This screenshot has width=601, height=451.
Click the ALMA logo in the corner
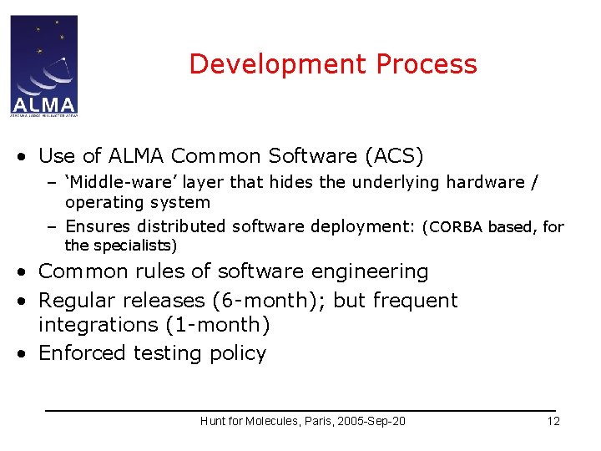(x=43, y=65)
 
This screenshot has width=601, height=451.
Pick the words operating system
(x=137, y=203)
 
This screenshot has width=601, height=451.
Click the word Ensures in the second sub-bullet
(x=98, y=226)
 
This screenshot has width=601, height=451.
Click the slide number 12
(x=553, y=421)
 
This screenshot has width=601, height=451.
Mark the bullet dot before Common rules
(x=27, y=272)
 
